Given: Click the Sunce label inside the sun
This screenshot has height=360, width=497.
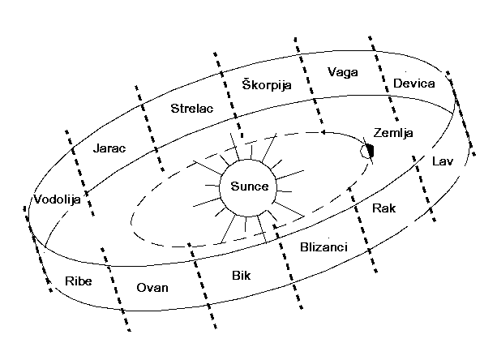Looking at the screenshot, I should point(249,187).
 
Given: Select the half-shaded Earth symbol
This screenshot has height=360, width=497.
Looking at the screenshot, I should point(369,150).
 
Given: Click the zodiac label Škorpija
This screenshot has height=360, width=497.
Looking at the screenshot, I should point(267,84).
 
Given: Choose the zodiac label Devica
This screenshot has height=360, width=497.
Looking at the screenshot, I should point(413,84).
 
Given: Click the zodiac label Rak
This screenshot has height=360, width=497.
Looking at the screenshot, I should point(383,208).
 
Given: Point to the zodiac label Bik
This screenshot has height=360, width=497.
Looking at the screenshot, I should point(241,276).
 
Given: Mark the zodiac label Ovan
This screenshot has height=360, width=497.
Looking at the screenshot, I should point(152,288).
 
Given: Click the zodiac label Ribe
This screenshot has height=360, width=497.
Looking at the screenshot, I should point(79,281).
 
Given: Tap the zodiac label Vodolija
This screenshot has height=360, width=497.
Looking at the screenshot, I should point(57,199).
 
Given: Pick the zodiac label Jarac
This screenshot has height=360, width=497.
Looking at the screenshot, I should point(109,149).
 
